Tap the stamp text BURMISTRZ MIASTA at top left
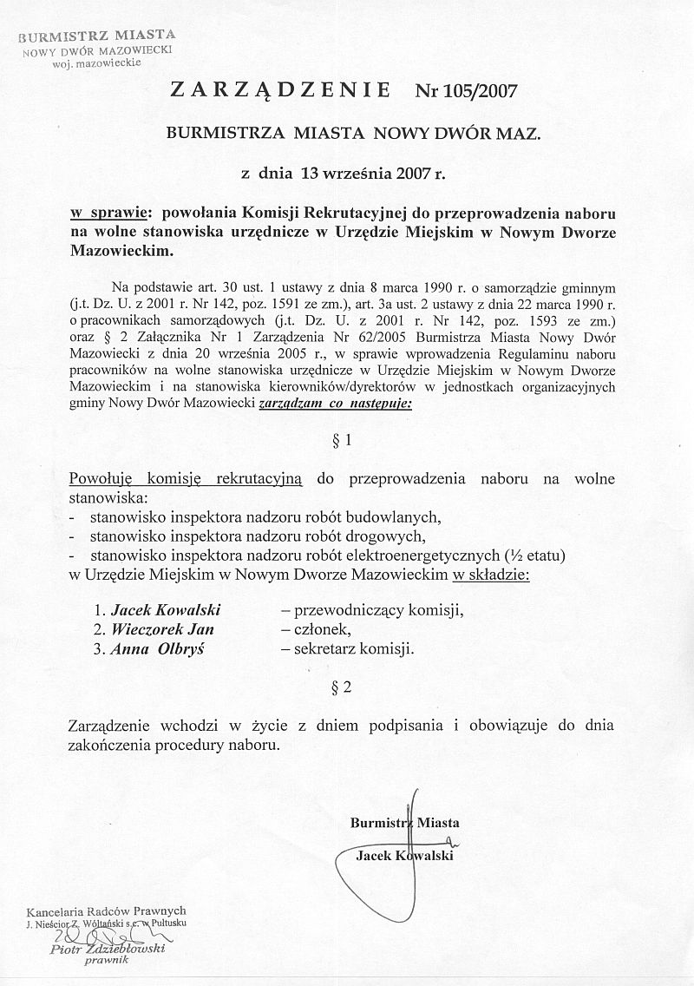[97, 36]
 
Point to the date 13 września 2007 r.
[372, 173]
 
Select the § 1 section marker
[343, 440]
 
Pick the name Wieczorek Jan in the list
[161, 628]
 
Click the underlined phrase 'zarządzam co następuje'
[335, 404]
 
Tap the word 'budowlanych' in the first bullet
[395, 516]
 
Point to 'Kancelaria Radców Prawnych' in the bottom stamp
[107, 912]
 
